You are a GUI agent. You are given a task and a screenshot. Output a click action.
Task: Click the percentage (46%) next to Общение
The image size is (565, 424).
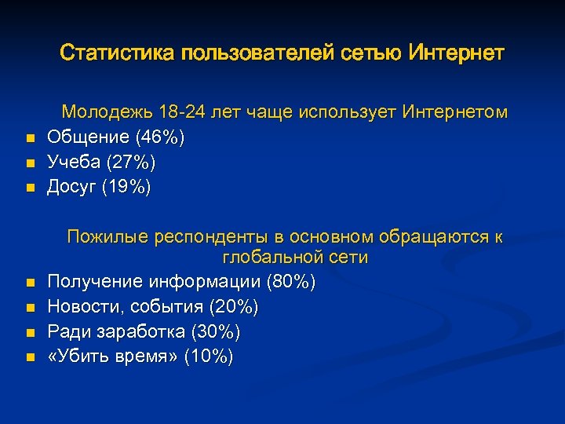coord(161,138)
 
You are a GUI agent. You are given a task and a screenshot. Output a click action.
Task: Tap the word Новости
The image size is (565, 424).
coord(79,306)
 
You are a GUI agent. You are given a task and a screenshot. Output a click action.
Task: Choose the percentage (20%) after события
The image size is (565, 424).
coord(234,306)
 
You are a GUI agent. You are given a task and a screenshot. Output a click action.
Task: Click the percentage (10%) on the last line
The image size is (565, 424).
coord(208,356)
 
